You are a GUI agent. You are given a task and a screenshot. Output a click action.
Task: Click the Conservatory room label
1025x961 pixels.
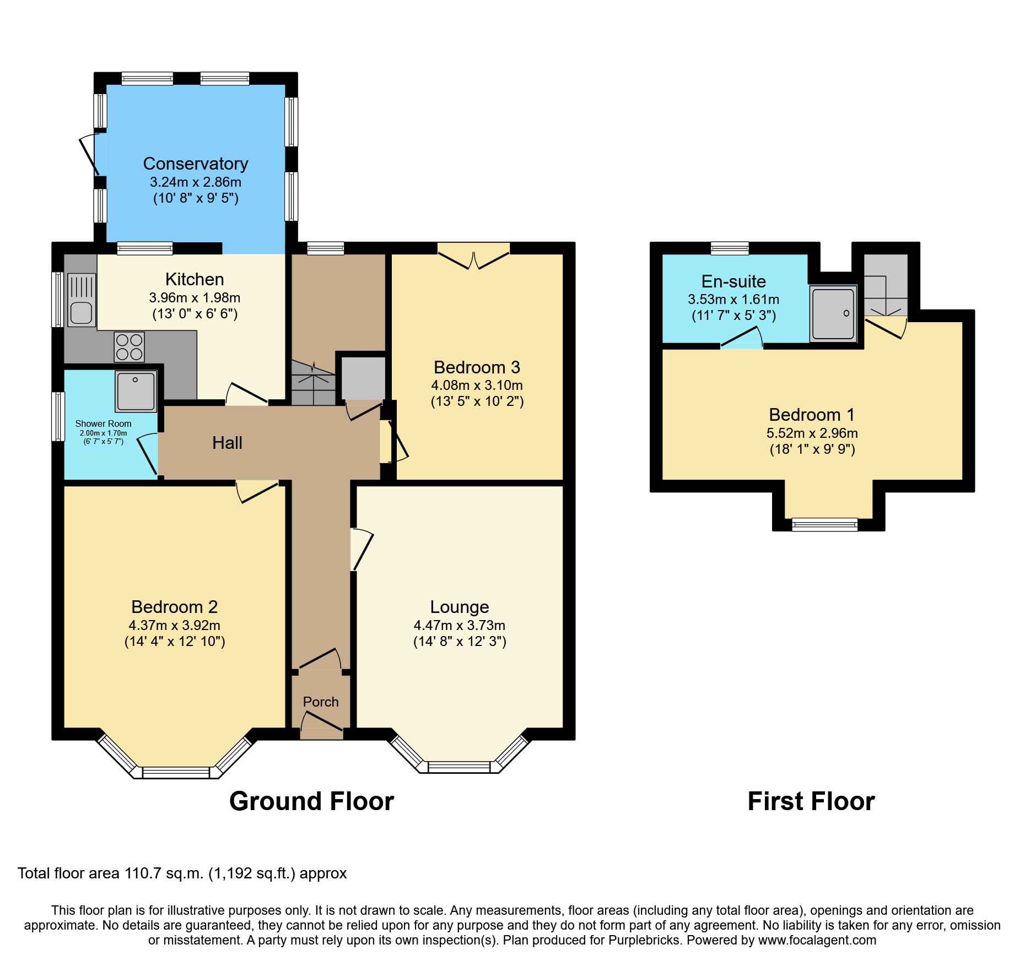click(196, 164)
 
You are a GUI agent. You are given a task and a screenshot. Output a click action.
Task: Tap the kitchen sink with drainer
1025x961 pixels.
click(82, 301)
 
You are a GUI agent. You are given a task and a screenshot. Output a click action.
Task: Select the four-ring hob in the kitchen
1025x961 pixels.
click(130, 347)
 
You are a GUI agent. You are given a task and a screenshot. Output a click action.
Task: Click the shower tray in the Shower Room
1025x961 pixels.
click(136, 392)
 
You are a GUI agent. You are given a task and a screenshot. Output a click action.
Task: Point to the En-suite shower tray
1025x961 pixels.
click(833, 313)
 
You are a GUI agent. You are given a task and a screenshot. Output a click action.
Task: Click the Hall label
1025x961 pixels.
click(227, 443)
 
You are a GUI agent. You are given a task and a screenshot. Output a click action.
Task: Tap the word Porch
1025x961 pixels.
click(321, 702)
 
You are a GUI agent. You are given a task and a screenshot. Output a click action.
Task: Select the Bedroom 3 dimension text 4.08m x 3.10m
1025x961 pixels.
click(477, 386)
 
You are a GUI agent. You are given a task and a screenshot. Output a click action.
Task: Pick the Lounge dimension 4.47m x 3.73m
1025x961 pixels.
click(459, 625)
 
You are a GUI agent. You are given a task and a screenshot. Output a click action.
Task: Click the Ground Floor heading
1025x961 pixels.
click(311, 801)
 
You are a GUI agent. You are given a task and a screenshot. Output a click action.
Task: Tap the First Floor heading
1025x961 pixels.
click(811, 801)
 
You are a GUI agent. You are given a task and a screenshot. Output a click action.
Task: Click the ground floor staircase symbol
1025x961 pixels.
click(312, 383)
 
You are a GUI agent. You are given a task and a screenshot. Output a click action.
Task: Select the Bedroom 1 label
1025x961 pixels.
click(811, 414)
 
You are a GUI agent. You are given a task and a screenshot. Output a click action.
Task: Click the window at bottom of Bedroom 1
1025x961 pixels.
click(824, 525)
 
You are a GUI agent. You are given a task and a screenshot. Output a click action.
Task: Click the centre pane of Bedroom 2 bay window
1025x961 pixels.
click(176, 773)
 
